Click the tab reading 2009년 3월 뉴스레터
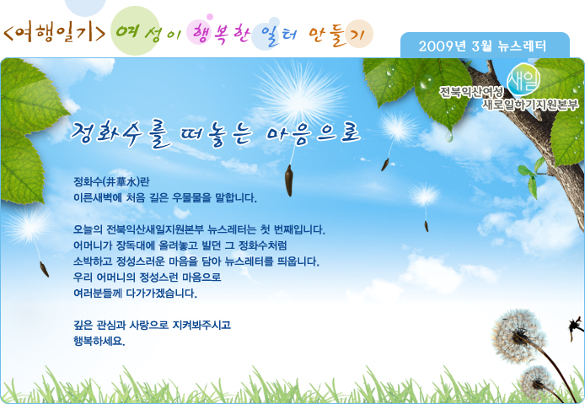(485, 46)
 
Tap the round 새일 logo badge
(523, 79)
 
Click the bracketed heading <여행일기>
(55, 32)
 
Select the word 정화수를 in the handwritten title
(121, 134)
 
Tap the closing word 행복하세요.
(99, 341)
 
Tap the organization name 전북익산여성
(471, 91)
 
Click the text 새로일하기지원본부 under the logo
(530, 105)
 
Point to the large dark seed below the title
(289, 180)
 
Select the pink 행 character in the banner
(201, 33)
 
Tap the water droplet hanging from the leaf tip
(449, 137)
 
